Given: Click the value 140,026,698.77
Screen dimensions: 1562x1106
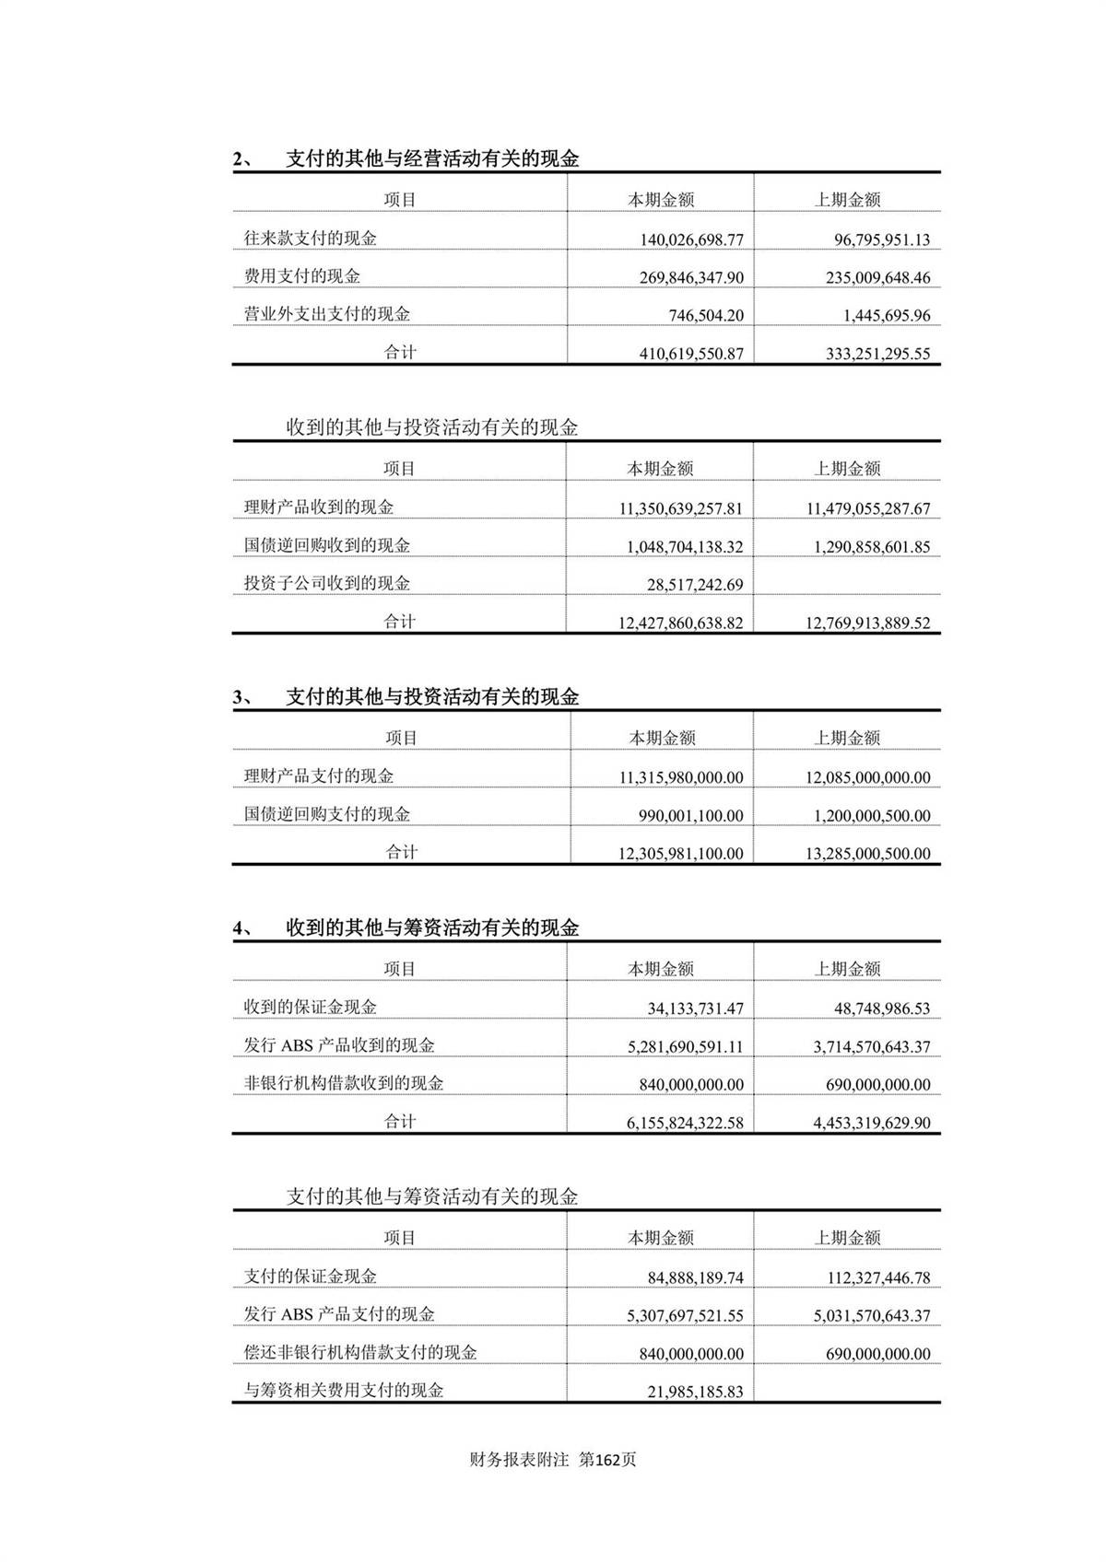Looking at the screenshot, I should click(691, 240).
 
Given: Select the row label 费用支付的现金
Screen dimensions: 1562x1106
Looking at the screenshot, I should click(302, 276).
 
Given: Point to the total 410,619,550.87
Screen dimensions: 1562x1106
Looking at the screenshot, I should click(691, 354).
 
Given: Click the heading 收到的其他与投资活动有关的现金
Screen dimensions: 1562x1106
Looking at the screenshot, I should click(432, 428).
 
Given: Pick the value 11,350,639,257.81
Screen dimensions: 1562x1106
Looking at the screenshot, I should click(680, 508).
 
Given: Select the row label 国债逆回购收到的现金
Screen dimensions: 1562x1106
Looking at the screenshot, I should click(327, 545).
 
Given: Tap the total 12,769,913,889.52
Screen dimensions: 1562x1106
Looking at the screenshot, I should click(867, 624).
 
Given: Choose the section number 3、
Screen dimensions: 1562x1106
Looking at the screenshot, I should click(244, 697).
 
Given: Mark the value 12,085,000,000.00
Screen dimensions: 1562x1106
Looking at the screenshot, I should click(867, 778).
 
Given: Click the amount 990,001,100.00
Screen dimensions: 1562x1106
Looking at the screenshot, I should click(690, 816).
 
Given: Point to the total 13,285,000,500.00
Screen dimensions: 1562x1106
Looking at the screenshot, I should click(867, 854).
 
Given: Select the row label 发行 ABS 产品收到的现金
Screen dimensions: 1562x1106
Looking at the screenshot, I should click(339, 1045).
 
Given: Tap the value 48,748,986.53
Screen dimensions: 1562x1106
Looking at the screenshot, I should click(882, 1008).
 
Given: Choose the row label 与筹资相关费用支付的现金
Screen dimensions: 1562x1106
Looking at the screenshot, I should click(344, 1391).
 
